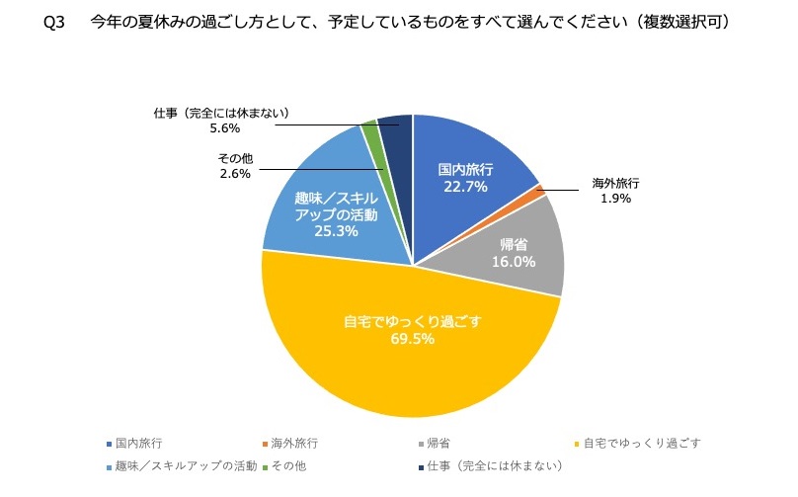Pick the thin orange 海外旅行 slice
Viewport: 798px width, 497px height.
(538, 192)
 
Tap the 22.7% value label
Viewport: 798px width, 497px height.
(465, 187)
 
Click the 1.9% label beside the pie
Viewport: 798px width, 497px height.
(615, 198)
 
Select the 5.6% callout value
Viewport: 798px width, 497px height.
(225, 128)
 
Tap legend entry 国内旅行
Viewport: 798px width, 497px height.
(137, 445)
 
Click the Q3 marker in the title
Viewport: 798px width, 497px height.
(55, 22)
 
